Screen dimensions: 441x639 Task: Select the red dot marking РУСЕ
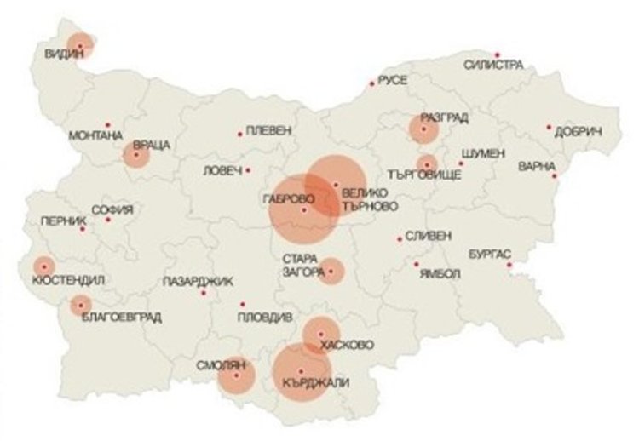371,83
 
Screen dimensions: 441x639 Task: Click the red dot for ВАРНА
555,176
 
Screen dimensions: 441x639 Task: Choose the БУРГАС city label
489,254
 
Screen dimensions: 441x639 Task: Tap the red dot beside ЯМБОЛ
417,264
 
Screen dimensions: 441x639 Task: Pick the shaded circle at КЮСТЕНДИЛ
42,266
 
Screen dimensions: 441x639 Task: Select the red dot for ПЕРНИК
83,227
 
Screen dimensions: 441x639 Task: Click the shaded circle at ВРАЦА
136,154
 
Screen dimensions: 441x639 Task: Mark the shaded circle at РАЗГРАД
423,129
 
